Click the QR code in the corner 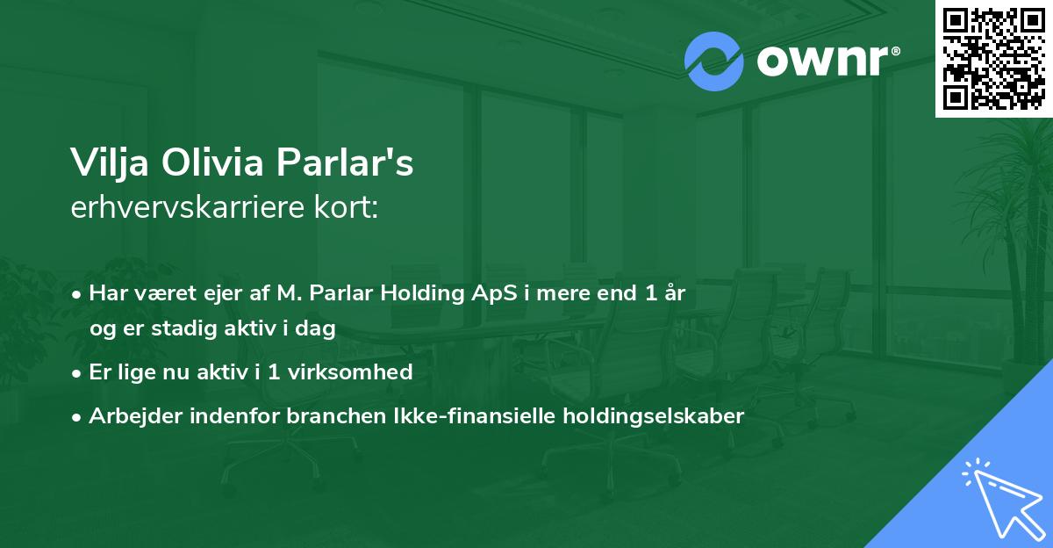point(994,58)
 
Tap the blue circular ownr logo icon point(713,61)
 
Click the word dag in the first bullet point(318,328)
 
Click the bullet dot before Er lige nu point(78,373)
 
